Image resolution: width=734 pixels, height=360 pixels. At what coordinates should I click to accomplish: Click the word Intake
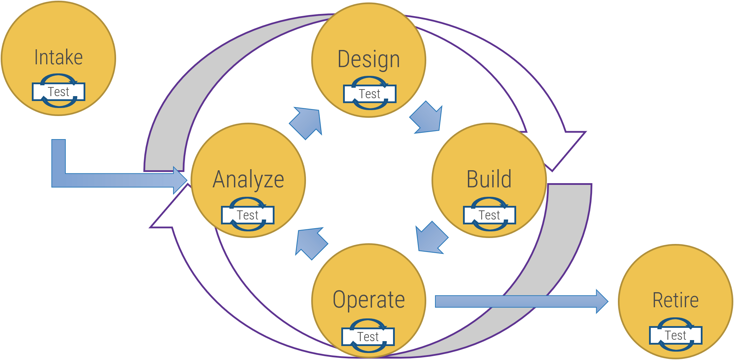58,58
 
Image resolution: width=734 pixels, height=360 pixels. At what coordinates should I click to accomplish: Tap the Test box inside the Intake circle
58,92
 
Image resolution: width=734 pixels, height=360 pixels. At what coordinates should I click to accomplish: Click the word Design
369,59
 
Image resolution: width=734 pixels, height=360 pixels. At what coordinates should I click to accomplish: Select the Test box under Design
370,94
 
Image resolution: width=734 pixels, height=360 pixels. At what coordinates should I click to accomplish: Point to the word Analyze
248,180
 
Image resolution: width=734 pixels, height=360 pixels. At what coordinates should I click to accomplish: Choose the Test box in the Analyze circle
248,215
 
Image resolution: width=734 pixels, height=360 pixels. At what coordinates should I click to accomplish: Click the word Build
489,179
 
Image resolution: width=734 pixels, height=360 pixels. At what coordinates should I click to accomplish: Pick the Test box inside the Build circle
489,215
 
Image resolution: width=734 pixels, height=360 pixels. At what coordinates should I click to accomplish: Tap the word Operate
369,300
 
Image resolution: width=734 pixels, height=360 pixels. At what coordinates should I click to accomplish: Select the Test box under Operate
368,337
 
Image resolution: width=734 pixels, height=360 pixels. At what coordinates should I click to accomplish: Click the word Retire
675,300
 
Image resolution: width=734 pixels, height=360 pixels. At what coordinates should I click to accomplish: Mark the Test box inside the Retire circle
675,336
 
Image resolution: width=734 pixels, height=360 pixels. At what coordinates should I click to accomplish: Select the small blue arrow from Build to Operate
431,238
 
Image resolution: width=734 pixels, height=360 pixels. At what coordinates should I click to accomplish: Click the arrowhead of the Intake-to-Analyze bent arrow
180,180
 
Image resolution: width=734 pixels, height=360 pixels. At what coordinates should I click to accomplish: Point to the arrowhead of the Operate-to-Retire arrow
601,301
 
